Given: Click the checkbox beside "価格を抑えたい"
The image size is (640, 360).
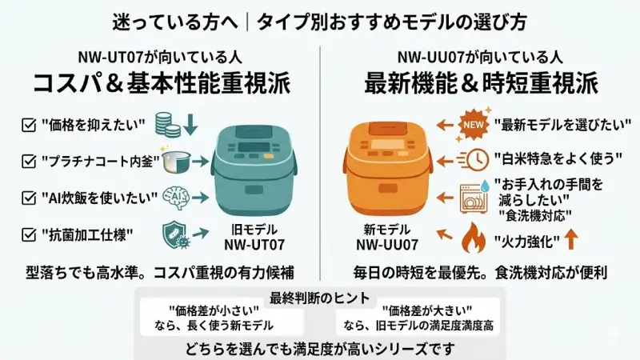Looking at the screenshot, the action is (29, 125).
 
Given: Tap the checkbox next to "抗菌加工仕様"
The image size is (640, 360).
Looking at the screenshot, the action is (29, 234).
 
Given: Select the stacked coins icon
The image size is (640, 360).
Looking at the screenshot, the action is (168, 125).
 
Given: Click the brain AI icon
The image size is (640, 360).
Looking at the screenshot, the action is (176, 198).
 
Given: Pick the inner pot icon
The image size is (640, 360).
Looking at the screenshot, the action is (176, 162).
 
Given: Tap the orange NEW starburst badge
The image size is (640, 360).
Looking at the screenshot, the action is (474, 125).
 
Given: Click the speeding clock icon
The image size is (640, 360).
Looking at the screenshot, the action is (473, 159).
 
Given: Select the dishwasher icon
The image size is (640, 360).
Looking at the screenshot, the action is (474, 198).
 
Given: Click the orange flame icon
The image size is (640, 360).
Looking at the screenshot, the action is (474, 238).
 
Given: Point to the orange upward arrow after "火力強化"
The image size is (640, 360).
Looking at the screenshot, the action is (571, 239).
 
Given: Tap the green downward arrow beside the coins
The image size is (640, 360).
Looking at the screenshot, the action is (190, 125).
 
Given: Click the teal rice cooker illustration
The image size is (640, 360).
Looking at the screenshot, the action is (253, 170).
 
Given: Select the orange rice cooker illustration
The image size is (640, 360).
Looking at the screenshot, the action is (388, 170).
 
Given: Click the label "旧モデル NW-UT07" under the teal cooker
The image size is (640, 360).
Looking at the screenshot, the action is (254, 237).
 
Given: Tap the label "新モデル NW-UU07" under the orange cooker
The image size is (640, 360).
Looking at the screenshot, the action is (387, 237).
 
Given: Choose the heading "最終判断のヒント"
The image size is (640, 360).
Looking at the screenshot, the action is (319, 298).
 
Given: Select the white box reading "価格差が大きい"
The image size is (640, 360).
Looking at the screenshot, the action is (418, 318).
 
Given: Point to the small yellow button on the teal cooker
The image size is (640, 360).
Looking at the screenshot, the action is (268, 156).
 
